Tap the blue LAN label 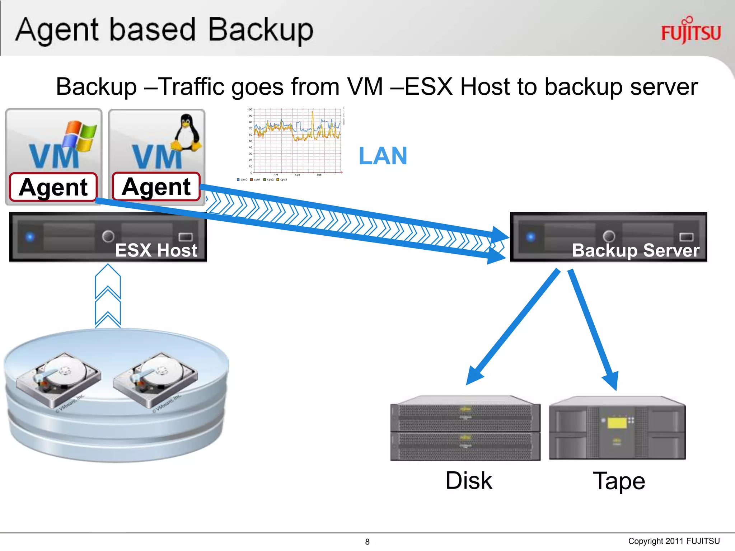pos(383,156)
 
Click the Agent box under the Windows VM pos(53,187)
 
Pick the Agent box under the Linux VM pos(156,187)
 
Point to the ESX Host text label pos(156,250)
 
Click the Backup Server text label pos(635,250)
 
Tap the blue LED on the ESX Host pos(30,237)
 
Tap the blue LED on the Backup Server pos(531,237)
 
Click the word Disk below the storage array pos(468,481)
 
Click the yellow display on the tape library pos(617,423)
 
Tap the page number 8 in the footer pos(367,542)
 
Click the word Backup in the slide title pos(261,30)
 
